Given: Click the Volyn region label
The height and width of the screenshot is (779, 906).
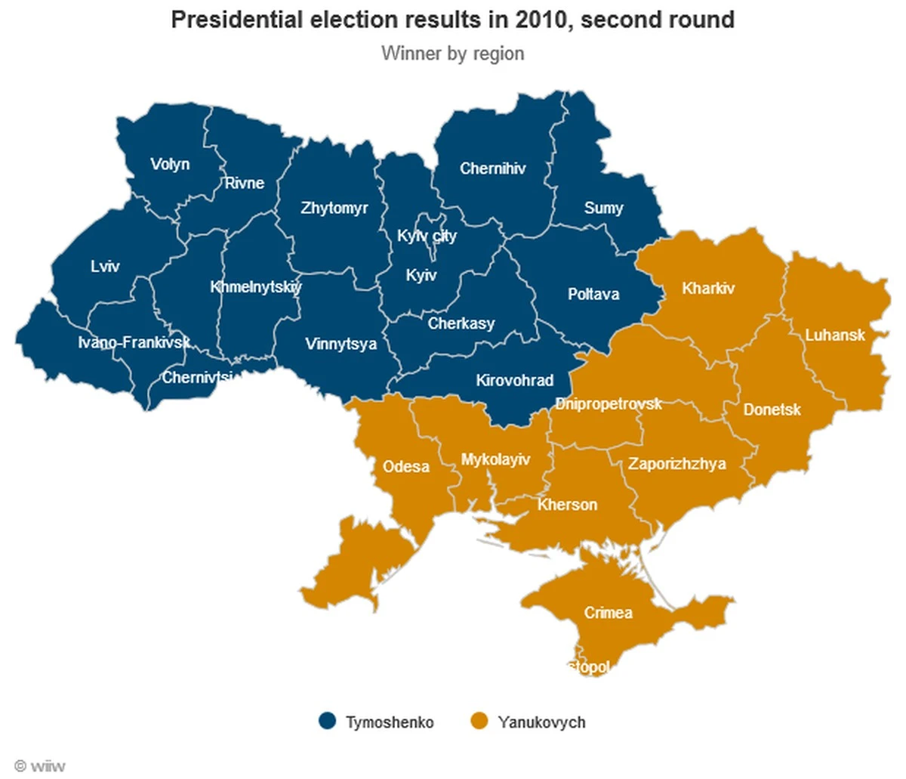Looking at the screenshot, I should pyautogui.click(x=170, y=165).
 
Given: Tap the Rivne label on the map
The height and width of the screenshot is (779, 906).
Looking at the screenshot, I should pyautogui.click(x=244, y=183).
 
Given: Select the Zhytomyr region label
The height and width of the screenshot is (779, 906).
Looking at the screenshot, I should pyautogui.click(x=334, y=208).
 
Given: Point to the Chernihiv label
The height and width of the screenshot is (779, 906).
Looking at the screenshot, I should pyautogui.click(x=492, y=168).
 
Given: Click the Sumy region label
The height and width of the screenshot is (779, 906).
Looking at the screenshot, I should pyautogui.click(x=603, y=208).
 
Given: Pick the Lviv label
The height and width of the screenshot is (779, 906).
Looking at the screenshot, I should pyautogui.click(x=105, y=266).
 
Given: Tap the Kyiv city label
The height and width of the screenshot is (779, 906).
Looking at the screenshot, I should pyautogui.click(x=427, y=236).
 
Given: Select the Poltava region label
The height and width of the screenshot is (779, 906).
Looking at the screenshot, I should pyautogui.click(x=593, y=294).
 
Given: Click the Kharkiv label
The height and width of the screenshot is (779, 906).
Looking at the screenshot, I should pyautogui.click(x=707, y=288).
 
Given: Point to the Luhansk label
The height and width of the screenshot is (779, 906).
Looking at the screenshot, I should pyautogui.click(x=834, y=335).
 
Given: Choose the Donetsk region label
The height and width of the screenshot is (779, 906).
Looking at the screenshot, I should pyautogui.click(x=772, y=410).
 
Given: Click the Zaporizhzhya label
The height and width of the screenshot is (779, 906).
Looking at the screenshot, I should pyautogui.click(x=676, y=464).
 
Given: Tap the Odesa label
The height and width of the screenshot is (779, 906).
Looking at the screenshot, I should pyautogui.click(x=405, y=466).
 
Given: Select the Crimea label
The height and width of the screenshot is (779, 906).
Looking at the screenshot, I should pyautogui.click(x=608, y=613).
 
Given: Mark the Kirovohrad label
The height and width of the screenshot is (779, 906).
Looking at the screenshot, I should pyautogui.click(x=514, y=380).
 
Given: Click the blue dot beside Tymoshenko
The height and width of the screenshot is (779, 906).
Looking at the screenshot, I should pyautogui.click(x=327, y=722).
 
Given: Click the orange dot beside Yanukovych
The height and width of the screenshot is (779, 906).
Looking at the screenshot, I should pyautogui.click(x=479, y=722).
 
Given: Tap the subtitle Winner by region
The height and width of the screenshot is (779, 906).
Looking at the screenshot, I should pyautogui.click(x=452, y=54).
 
